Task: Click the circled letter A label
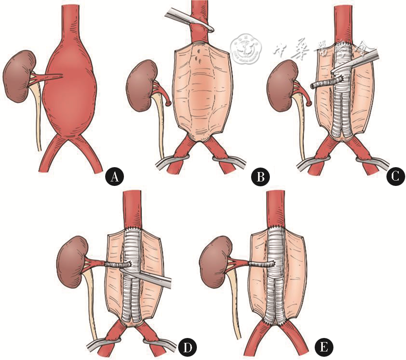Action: coord(114,177)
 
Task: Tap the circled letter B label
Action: coord(260,177)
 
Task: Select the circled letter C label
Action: coord(395,177)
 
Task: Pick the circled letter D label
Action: coord(188,348)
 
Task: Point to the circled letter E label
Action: coord(324,348)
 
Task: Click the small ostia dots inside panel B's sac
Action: coord(199,57)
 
